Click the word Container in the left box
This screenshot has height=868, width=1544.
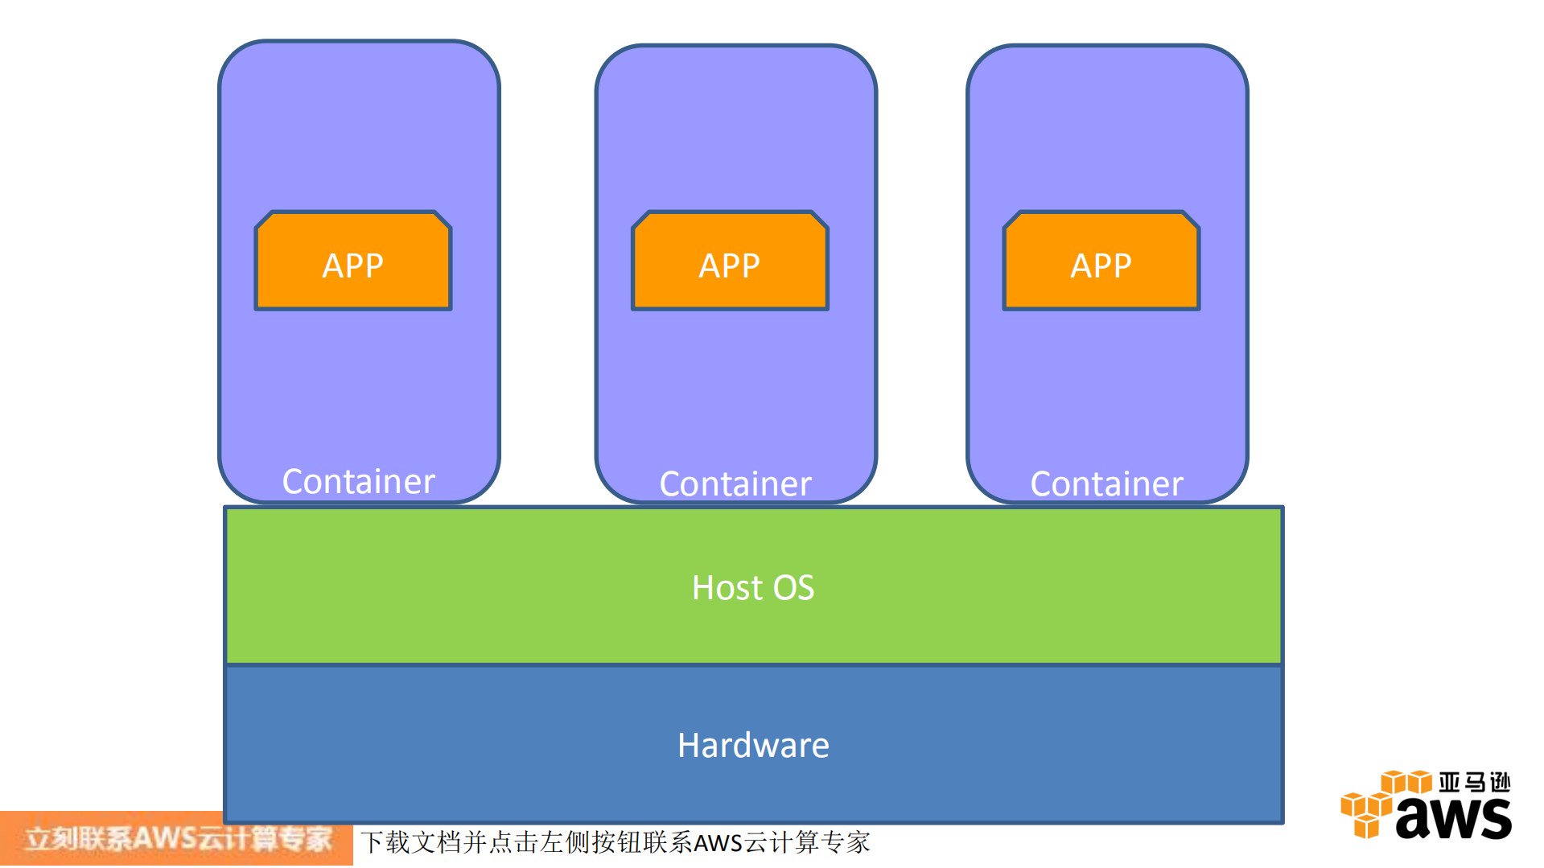point(358,481)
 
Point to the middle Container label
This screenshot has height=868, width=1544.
point(735,483)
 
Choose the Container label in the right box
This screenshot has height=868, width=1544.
point(1106,483)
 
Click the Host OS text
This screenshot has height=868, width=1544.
point(753,587)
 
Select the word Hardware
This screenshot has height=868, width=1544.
point(753,745)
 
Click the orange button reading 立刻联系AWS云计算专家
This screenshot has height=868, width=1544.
point(177,839)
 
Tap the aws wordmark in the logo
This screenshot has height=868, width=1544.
point(1453,818)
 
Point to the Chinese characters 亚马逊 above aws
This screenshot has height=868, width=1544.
point(1474,782)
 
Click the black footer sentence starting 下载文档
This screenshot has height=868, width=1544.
point(615,842)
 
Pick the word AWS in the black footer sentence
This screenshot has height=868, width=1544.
point(718,843)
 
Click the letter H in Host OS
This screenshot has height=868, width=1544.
point(704,588)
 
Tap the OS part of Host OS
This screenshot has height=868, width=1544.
point(794,588)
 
